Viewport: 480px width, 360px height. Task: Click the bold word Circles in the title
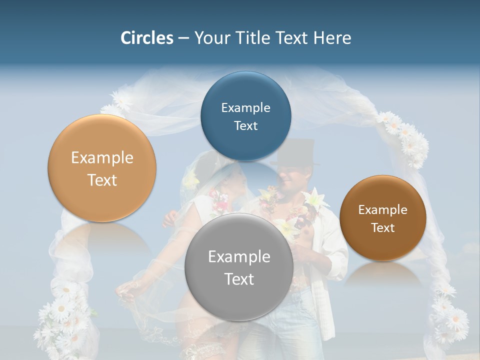click(146, 38)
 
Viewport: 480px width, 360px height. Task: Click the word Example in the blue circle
click(245, 108)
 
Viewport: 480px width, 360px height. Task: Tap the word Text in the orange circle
click(102, 180)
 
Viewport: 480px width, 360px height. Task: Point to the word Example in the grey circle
click(239, 257)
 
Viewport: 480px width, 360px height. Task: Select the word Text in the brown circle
click(383, 228)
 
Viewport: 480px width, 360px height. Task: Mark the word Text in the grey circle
click(239, 279)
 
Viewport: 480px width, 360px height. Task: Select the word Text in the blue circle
click(245, 126)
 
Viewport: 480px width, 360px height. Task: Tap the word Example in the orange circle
click(102, 158)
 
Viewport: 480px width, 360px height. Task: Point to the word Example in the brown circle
click(382, 210)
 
